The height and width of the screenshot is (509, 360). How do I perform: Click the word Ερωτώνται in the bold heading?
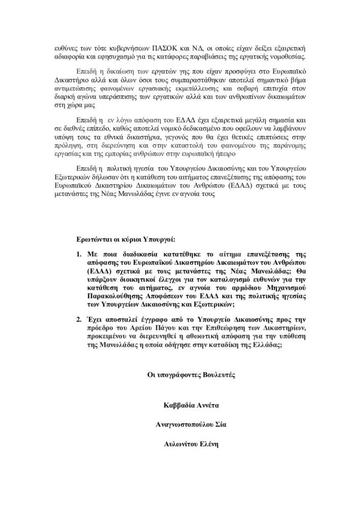[95, 240]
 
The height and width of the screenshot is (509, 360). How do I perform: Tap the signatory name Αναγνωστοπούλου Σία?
[191, 425]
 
